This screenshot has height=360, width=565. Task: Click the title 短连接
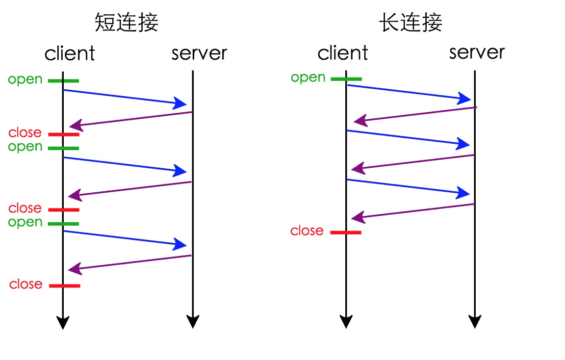[127, 23]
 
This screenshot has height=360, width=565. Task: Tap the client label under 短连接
[70, 53]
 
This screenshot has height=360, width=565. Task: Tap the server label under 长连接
[477, 52]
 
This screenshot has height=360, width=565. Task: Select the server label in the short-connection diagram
[199, 53]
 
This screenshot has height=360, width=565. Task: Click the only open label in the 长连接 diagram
[308, 78]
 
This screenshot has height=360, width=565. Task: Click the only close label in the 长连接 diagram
[307, 231]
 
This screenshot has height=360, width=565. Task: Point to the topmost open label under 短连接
[25, 80]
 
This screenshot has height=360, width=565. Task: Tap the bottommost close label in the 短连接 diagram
[26, 284]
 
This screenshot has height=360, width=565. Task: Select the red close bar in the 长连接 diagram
[346, 232]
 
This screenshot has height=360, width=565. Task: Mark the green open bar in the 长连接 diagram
[346, 79]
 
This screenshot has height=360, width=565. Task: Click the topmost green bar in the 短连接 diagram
[63, 81]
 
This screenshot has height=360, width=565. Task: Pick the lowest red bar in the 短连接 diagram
[64, 285]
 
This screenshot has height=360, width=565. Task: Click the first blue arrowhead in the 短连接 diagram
[181, 103]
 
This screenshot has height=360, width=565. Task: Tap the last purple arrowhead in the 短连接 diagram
[74, 269]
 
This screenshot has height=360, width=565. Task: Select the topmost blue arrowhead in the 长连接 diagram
[464, 99]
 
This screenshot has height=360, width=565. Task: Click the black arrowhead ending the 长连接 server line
[475, 322]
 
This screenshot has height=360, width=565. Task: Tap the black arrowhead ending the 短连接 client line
[63, 323]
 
